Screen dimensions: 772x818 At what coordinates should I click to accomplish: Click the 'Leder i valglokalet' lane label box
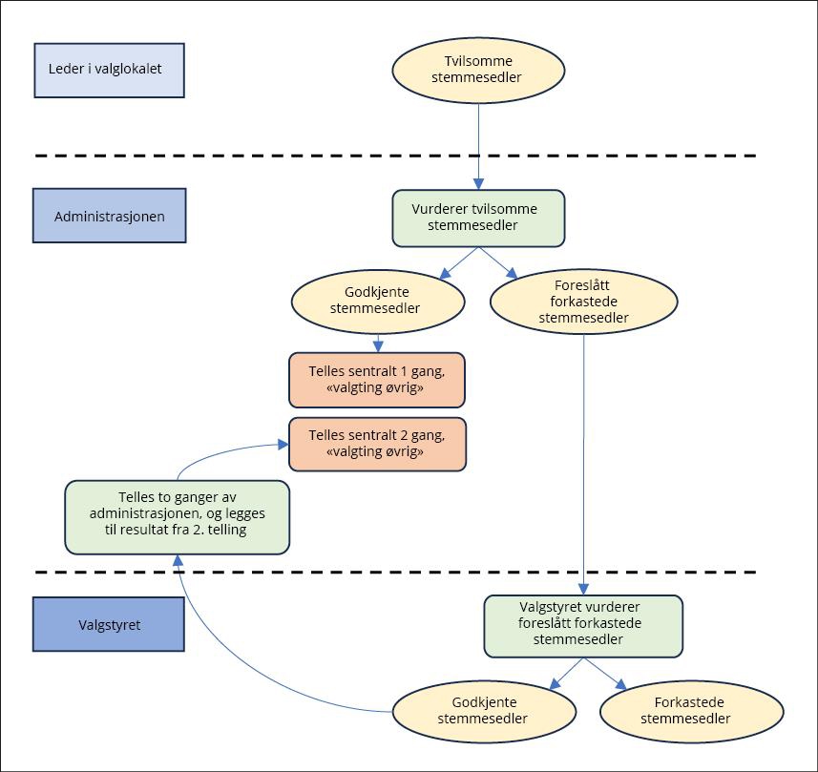[x=109, y=70]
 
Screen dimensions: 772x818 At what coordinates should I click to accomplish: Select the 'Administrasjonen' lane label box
[x=109, y=216]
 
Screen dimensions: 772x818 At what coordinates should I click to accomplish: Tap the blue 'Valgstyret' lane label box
[x=109, y=625]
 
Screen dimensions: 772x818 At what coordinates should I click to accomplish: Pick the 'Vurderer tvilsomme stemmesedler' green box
[x=478, y=218]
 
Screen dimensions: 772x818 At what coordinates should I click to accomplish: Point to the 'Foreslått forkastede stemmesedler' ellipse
[x=583, y=303]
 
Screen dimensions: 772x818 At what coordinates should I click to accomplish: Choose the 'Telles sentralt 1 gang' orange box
[x=377, y=380]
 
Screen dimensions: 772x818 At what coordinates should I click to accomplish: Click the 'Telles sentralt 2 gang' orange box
[x=377, y=443]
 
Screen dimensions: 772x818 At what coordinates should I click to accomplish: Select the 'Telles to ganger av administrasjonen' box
[x=177, y=515]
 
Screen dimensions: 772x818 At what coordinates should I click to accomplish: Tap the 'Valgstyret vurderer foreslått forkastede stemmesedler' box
[x=583, y=626]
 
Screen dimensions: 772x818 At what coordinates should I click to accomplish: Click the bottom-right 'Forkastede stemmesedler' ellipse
[x=692, y=711]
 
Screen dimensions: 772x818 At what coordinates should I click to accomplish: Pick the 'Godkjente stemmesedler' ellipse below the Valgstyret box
[x=483, y=711]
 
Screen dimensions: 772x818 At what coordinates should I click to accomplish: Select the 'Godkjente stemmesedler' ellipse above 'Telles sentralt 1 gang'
[x=377, y=300]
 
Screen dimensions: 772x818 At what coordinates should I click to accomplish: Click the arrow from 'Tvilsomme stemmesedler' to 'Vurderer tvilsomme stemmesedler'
[x=478, y=143]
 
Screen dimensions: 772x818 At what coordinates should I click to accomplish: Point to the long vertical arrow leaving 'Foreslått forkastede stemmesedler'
[x=583, y=458]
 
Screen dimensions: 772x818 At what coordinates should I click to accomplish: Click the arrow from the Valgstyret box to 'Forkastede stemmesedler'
[x=605, y=674]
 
